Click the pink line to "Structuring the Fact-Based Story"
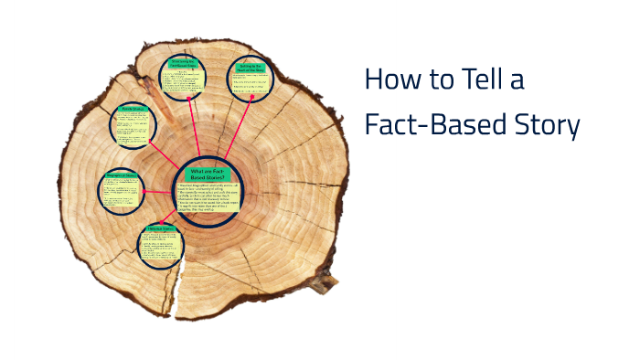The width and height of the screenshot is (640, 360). [x=189, y=129]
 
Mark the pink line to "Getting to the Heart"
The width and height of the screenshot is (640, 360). [x=229, y=132]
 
